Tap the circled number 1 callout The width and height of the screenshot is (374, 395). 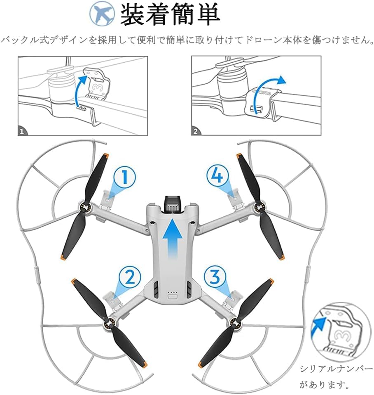126,178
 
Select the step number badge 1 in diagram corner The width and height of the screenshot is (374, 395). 23,132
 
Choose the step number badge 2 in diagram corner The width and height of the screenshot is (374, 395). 196,132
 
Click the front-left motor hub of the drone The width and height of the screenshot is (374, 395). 86,207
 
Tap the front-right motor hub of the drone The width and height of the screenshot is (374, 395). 259,207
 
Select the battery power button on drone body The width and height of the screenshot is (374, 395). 173,296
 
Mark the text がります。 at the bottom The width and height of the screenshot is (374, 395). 325,386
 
